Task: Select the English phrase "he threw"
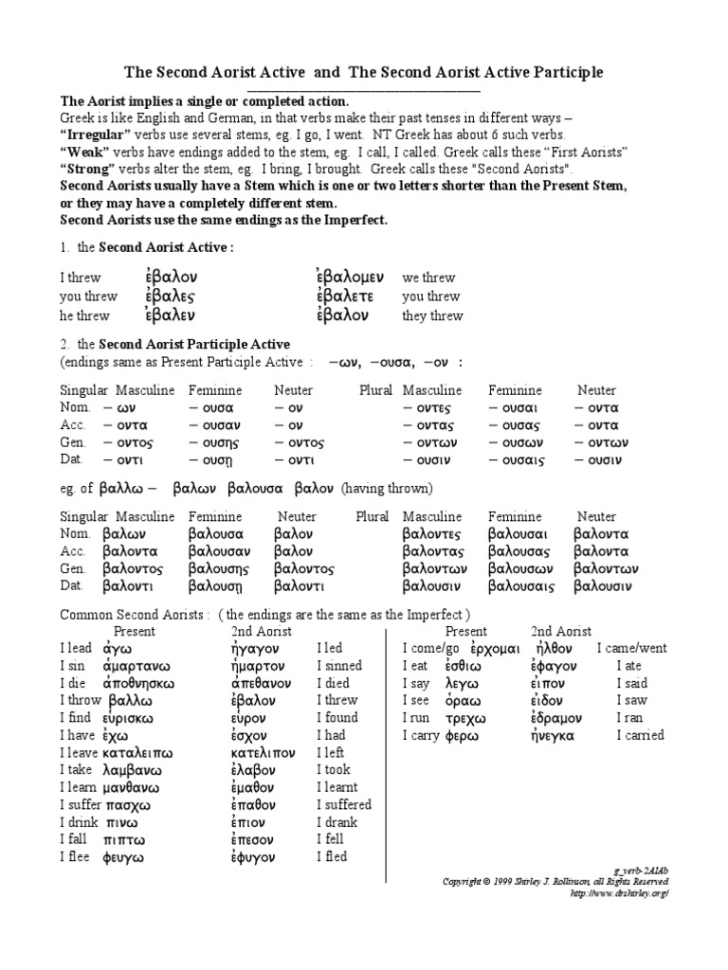pyautogui.click(x=84, y=316)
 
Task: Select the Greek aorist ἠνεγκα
pyautogui.click(x=558, y=735)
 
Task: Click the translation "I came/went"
pyautogui.click(x=631, y=649)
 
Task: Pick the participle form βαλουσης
pyautogui.click(x=219, y=569)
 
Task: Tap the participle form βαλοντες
pyautogui.click(x=436, y=534)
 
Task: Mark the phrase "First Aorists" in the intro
pyautogui.click(x=587, y=152)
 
